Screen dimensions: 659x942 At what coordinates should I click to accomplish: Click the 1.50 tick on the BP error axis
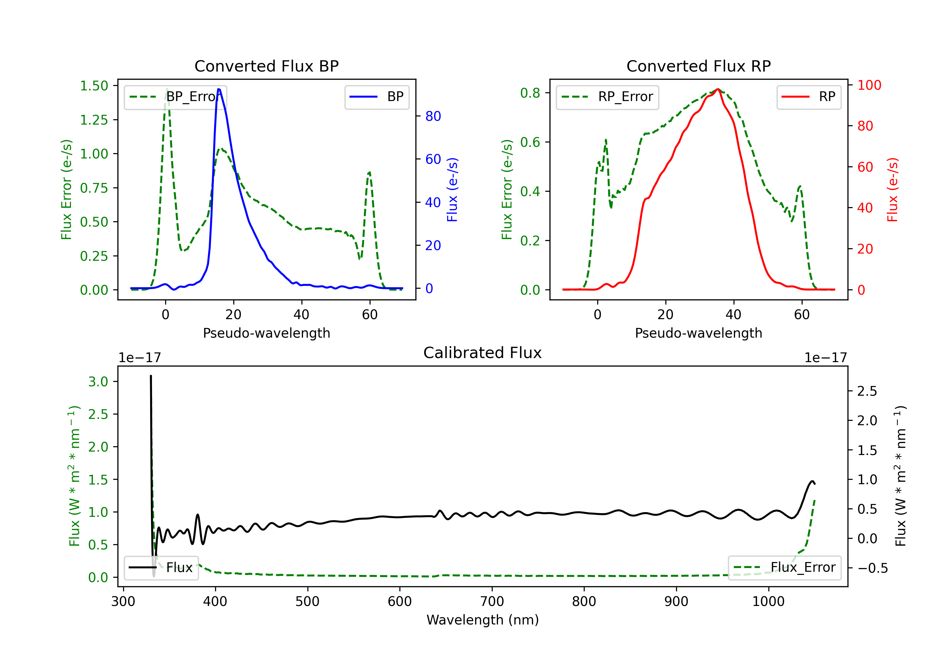coord(94,86)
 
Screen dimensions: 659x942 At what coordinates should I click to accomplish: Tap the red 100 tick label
coord(869,85)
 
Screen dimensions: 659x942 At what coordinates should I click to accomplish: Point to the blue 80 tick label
coord(433,116)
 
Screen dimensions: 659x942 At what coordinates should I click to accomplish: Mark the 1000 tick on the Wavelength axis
coord(768,602)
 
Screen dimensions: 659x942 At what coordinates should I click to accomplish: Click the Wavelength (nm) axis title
coord(483,620)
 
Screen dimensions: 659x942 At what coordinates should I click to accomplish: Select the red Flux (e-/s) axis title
coord(892,190)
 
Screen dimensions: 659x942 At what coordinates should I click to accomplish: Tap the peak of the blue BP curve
coord(219,89)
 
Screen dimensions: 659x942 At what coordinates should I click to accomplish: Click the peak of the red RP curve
coord(717,89)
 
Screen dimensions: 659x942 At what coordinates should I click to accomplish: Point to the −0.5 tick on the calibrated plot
coord(872,568)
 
